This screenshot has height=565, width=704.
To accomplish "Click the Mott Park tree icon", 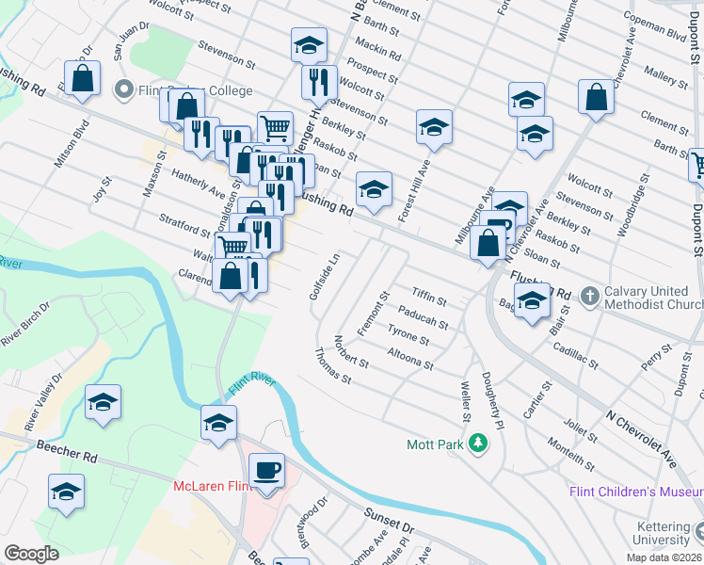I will pos(479,442).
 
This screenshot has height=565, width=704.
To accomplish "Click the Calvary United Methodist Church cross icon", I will pos(589,296).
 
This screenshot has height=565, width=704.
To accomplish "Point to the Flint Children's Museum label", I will pos(636,492).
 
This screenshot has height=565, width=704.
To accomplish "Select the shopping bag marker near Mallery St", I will pos(597,97).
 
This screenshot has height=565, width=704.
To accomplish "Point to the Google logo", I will pos(31,554).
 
